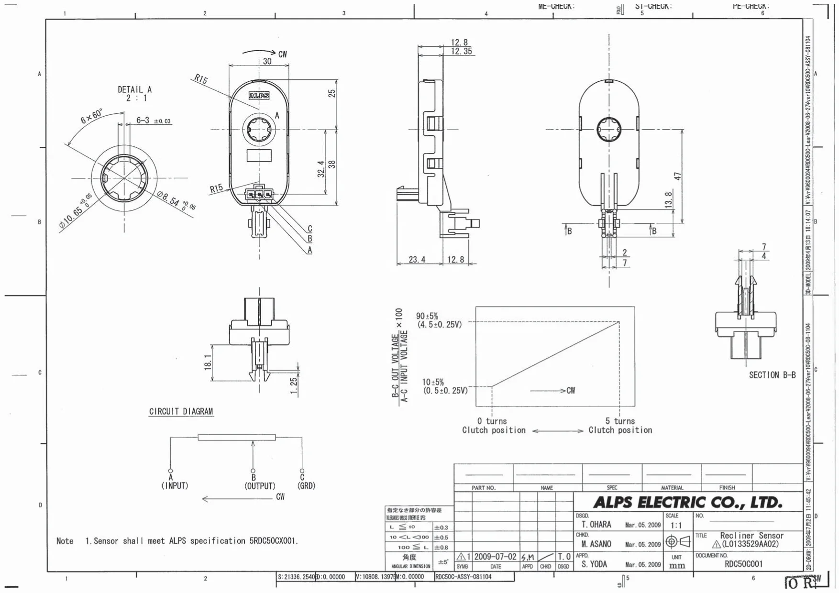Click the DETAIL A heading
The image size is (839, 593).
[134, 89]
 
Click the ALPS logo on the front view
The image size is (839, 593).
[259, 96]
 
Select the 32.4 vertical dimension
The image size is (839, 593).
[321, 169]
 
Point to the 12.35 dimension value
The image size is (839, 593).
[461, 51]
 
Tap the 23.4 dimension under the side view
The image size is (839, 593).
[417, 259]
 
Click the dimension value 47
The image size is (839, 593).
[677, 176]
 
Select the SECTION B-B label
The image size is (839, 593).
[772, 375]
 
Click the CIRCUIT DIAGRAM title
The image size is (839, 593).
[181, 411]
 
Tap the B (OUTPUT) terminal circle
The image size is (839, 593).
[253, 471]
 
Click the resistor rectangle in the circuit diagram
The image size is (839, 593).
[237, 437]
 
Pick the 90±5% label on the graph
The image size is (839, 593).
[427, 316]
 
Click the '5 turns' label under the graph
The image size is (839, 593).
[620, 421]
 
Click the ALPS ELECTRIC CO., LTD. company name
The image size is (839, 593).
[687, 502]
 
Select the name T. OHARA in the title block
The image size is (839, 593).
[596, 525]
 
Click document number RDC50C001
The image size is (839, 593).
[743, 564]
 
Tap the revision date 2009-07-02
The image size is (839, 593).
[495, 557]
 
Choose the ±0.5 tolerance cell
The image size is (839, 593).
[441, 537]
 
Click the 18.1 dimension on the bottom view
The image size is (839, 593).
[208, 362]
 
